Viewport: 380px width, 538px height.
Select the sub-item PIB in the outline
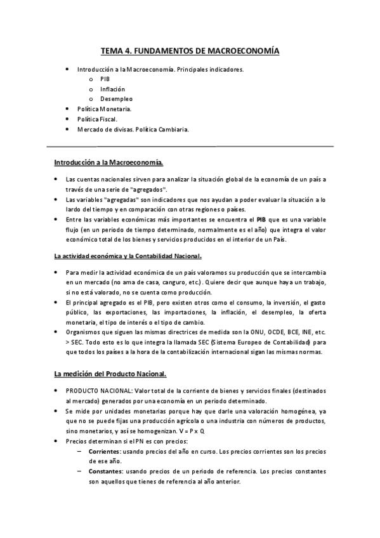(x=105, y=79)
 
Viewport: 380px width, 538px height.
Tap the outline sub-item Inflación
(x=112, y=89)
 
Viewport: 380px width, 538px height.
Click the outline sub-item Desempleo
(x=116, y=99)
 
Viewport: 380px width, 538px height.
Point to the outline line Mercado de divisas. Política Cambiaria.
(x=133, y=129)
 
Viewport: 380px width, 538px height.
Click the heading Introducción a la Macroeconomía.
(x=108, y=162)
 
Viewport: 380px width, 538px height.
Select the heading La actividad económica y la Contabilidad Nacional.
(x=128, y=256)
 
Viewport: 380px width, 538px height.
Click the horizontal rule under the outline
(x=190, y=147)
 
